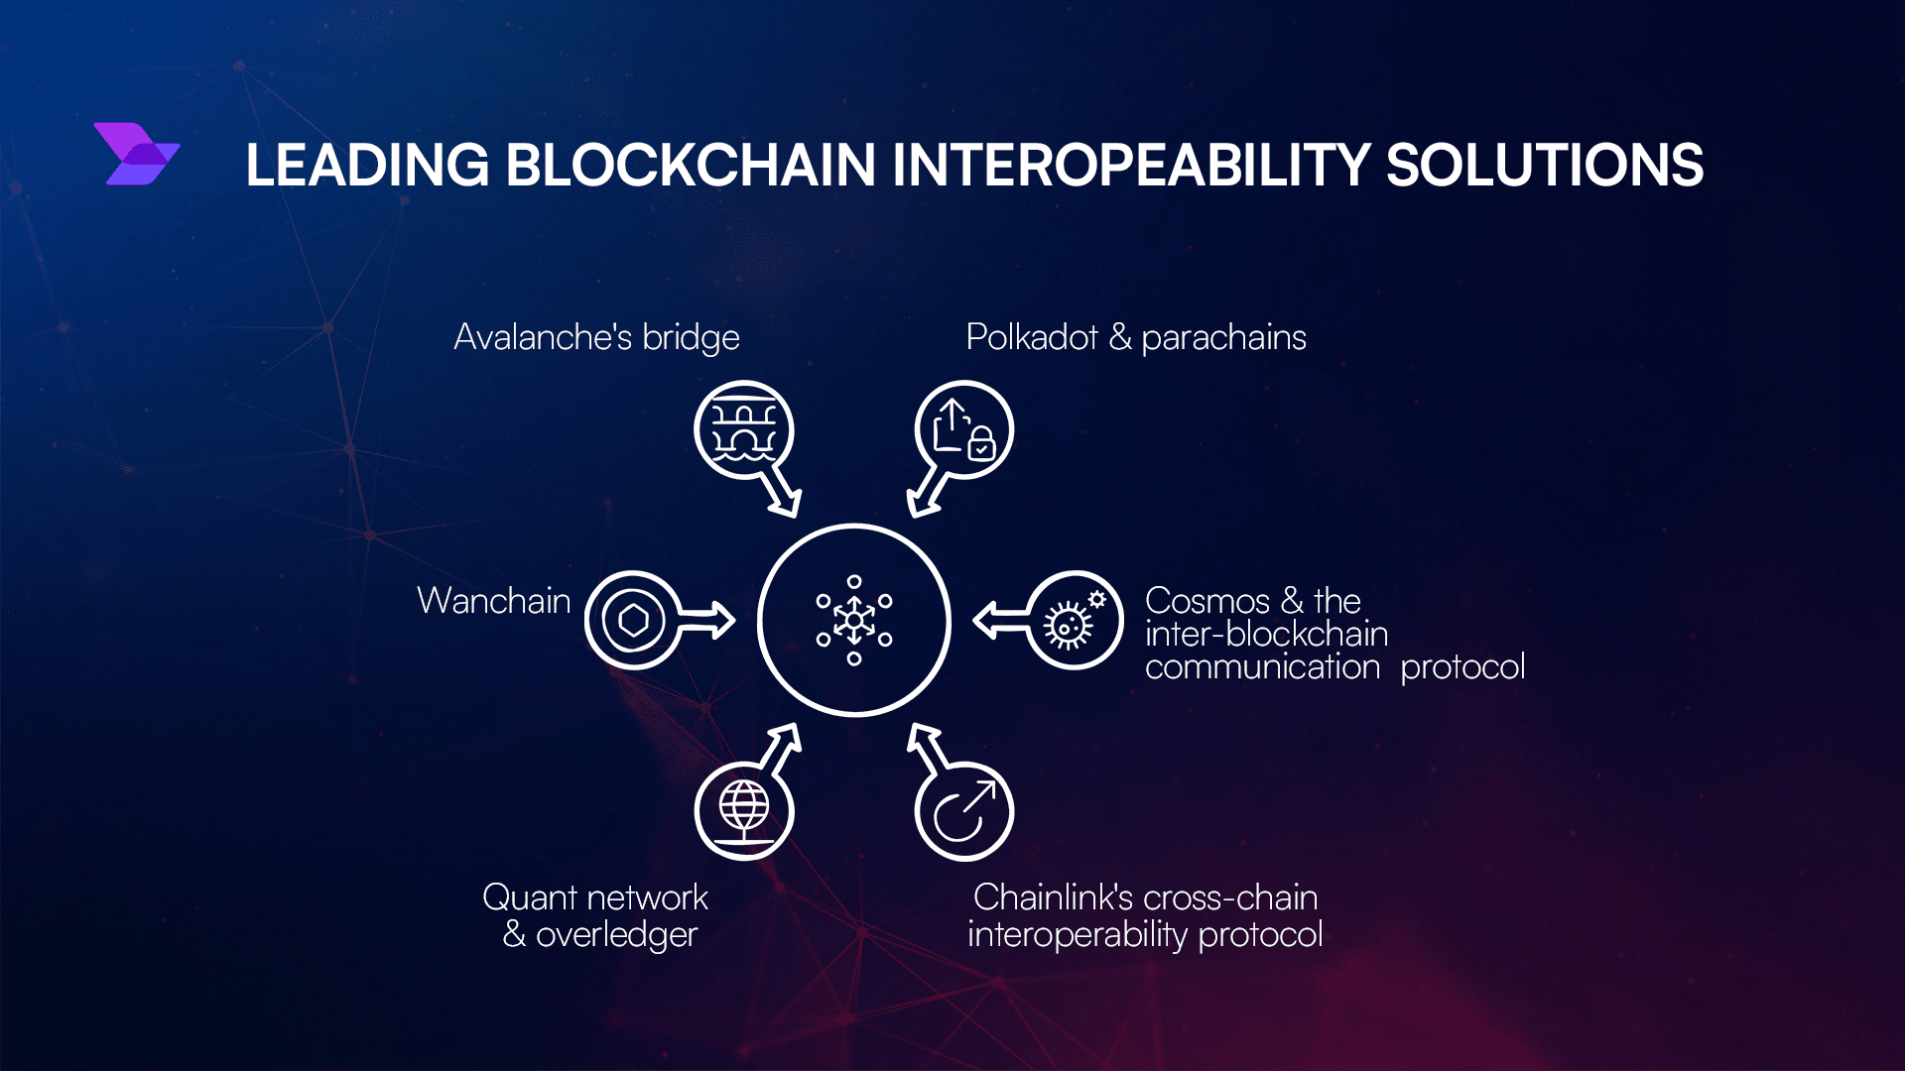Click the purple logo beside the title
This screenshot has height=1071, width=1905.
click(137, 154)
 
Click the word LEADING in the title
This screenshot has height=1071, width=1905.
click(367, 165)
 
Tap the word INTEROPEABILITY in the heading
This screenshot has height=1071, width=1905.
click(1130, 165)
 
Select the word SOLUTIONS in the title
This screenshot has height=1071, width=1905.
click(1545, 165)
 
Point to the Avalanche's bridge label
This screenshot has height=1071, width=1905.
click(596, 338)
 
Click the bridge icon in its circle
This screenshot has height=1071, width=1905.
click(744, 430)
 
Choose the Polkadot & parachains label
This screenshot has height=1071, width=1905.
click(1136, 338)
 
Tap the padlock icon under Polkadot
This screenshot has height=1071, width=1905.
click(981, 442)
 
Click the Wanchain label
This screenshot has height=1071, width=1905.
click(494, 601)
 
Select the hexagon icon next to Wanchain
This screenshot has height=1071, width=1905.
click(633, 621)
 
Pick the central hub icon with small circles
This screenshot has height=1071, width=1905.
click(854, 620)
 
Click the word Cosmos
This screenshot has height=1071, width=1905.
click(1207, 601)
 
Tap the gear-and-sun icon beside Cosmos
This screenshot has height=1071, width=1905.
click(1072, 620)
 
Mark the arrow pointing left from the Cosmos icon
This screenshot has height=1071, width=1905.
click(1002, 621)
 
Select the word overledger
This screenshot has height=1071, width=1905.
click(617, 935)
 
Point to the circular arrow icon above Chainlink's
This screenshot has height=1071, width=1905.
click(963, 811)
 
